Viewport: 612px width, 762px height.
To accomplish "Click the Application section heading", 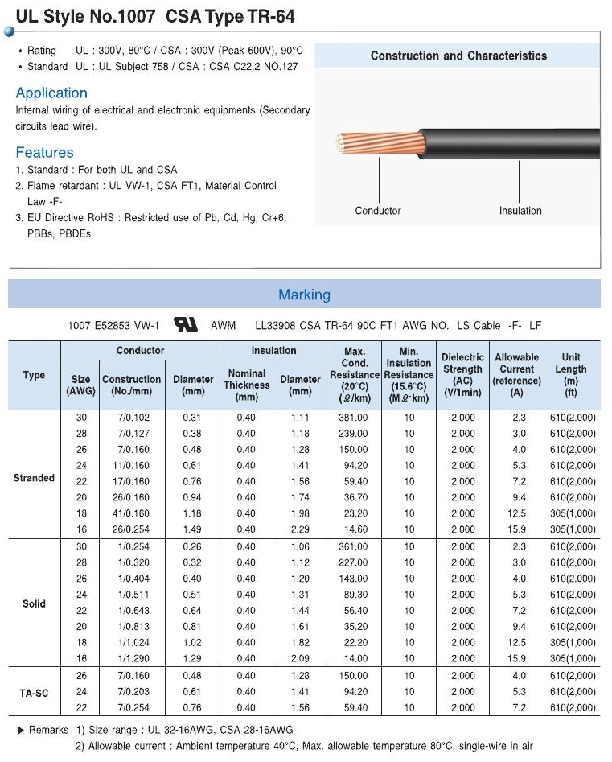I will click(51, 93).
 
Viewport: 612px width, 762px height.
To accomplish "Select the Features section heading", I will click(44, 153).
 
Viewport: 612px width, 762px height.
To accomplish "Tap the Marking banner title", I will click(304, 295).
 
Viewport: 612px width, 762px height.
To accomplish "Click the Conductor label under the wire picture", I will click(378, 211).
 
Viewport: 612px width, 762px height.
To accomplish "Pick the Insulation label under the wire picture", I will click(520, 211).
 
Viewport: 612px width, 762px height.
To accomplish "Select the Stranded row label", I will click(34, 478).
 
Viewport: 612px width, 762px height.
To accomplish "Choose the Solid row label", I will click(34, 604).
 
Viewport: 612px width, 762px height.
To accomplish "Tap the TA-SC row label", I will click(34, 692).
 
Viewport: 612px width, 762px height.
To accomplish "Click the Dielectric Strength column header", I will click(462, 374).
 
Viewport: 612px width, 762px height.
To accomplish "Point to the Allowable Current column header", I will click(516, 374).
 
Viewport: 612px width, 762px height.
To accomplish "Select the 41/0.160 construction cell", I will click(131, 513).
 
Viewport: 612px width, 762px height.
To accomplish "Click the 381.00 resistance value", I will click(355, 418).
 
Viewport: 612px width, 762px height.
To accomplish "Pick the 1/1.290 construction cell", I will click(131, 658).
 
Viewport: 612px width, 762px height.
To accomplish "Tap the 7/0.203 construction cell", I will click(131, 692).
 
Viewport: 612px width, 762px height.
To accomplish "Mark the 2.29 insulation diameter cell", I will click(299, 529).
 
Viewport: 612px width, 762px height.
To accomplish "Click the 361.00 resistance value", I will click(355, 546).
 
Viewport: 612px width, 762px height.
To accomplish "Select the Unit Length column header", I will click(571, 374).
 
